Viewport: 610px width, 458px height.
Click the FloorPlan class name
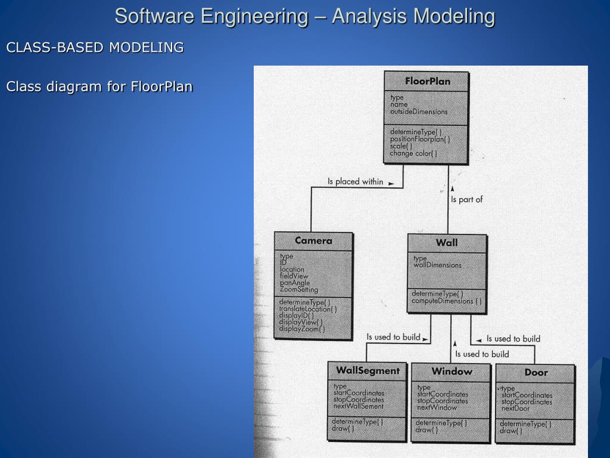427,81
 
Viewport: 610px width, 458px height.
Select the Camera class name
313,241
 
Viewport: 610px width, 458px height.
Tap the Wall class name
447,243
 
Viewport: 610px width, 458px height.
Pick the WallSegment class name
368,370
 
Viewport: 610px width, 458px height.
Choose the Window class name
452,372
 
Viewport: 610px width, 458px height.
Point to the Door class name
536,373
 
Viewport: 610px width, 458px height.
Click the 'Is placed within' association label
356,181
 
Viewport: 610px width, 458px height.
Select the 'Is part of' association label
466,199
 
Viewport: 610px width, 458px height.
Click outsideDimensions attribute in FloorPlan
419,112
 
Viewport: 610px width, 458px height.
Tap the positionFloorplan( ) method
420,139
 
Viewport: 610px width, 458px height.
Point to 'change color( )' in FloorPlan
413,153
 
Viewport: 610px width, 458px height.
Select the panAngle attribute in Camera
295,283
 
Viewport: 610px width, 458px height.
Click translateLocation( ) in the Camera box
308,309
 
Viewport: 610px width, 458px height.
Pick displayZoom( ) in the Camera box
302,329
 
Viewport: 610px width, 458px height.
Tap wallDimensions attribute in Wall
437,265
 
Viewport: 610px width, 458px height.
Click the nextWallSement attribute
359,406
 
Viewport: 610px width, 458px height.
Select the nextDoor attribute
515,409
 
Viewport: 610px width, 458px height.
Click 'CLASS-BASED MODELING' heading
95,47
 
